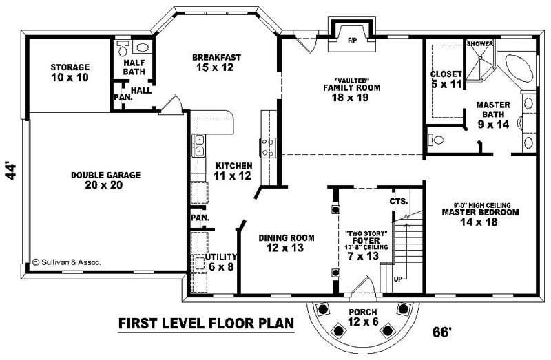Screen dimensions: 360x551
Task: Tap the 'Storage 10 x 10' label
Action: coord(70,72)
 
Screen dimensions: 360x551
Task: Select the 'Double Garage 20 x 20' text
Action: coord(105,180)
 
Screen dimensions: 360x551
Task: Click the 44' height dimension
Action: coord(11,171)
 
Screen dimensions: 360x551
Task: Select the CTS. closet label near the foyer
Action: coord(399,202)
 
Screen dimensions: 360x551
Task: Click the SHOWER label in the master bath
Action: coord(480,44)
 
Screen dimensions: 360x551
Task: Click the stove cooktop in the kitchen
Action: coord(267,147)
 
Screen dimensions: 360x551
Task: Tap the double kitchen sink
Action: coord(200,147)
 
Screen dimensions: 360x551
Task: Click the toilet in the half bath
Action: coord(122,49)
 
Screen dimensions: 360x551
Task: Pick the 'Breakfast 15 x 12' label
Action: coord(216,62)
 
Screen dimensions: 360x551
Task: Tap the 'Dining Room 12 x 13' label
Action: coord(287,243)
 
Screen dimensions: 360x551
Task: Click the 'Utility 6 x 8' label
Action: coord(221,262)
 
